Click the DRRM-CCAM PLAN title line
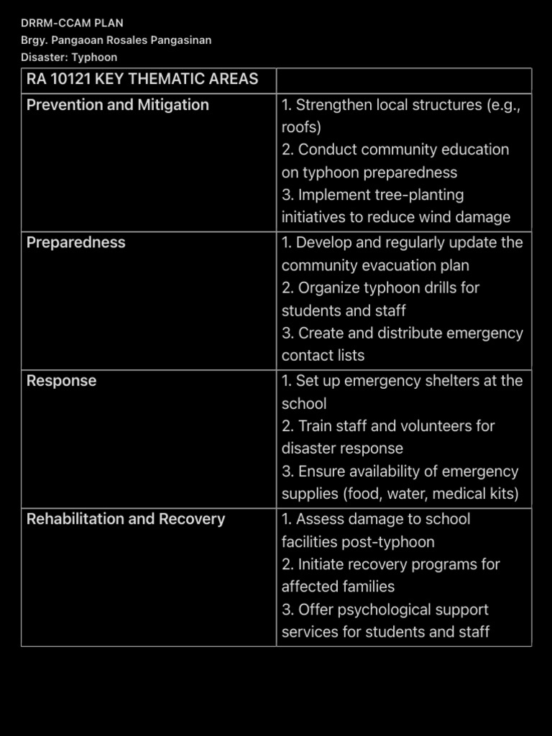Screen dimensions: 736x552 [72, 23]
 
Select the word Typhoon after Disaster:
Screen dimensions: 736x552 [94, 57]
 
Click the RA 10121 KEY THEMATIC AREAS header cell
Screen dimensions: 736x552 [142, 79]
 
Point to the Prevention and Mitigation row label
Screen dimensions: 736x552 [118, 105]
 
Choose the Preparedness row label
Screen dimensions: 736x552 [75, 243]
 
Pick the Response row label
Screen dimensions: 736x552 [61, 381]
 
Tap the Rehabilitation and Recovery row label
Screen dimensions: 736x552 [126, 519]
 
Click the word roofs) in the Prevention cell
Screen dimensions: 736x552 [301, 128]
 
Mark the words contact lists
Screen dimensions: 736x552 [323, 356]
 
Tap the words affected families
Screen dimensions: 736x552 [338, 586]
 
